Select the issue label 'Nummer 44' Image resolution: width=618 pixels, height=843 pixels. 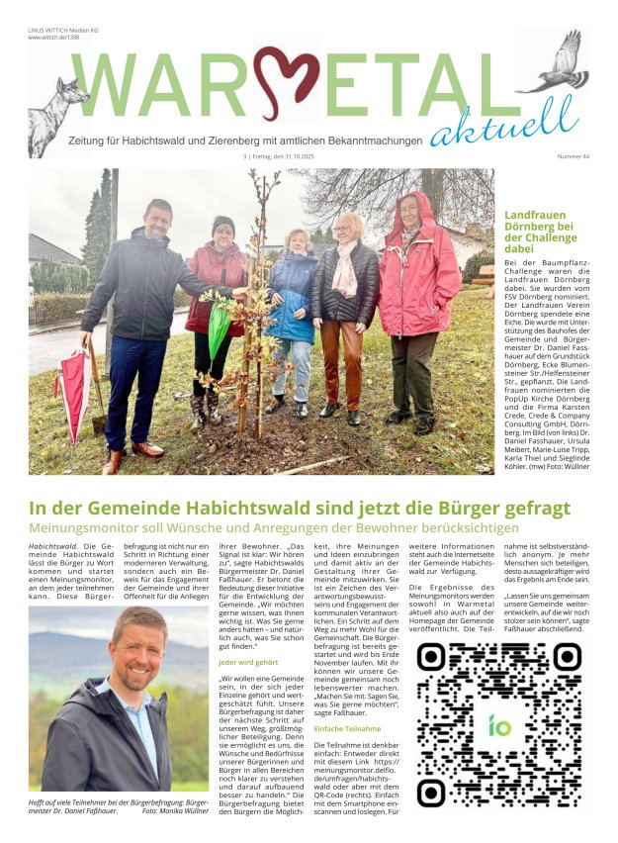(573, 156)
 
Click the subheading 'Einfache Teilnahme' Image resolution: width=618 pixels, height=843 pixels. (347, 728)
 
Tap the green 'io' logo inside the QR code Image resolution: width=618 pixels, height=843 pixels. (499, 724)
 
